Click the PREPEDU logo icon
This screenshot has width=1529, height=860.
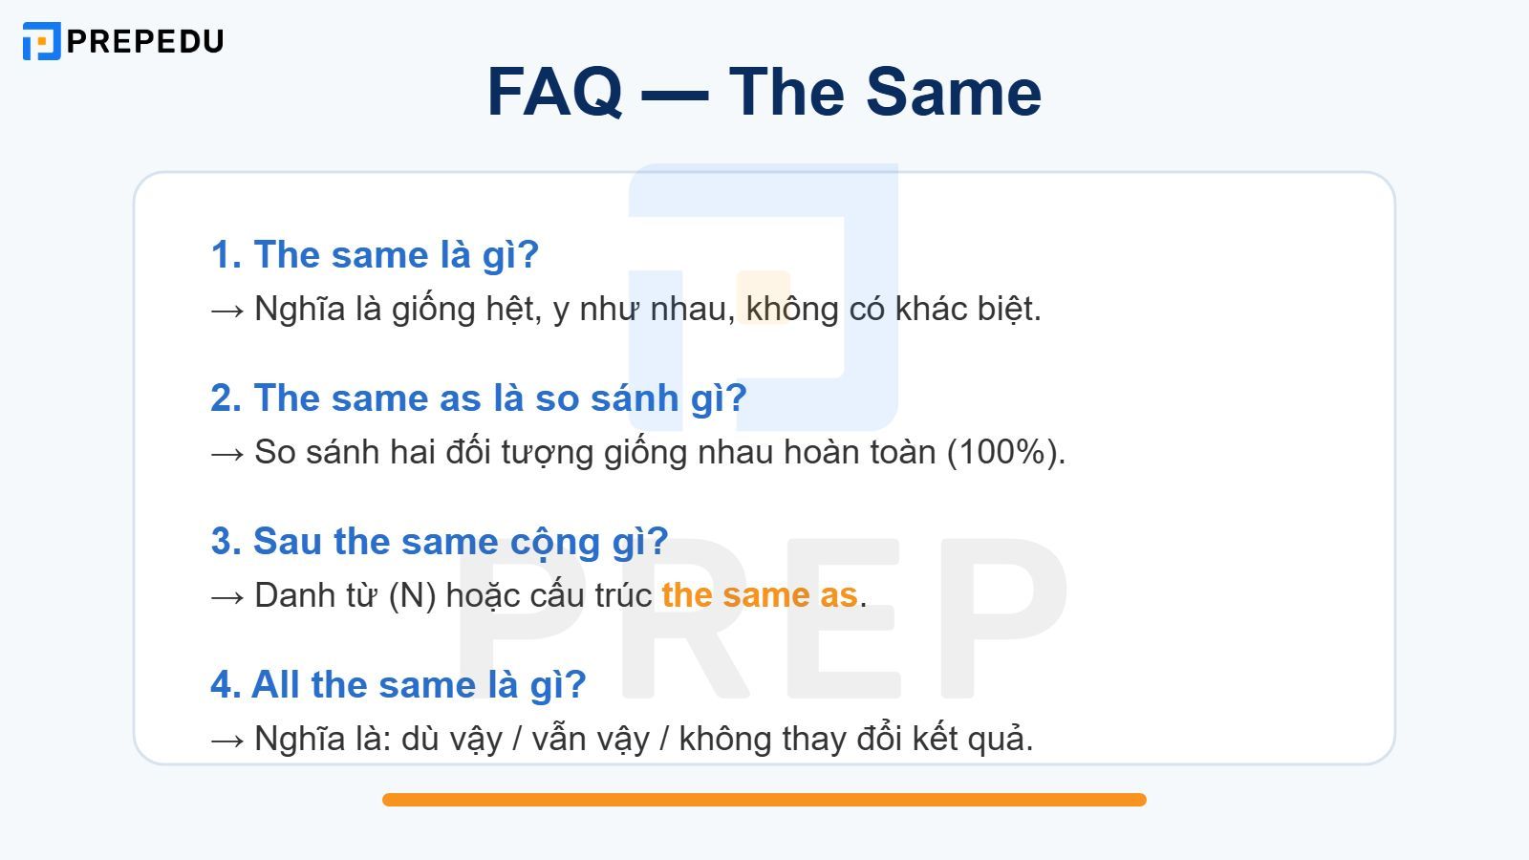[41, 41]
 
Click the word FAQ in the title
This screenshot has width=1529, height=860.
[554, 93]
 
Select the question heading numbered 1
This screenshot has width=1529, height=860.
[375, 255]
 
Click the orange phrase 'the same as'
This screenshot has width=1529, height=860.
[759, 595]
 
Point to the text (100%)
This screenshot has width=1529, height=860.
[1005, 452]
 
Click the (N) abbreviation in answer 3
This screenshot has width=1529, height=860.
[412, 595]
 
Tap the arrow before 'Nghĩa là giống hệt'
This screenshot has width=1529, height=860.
[227, 310]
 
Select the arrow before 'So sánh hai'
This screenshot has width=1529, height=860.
[227, 453]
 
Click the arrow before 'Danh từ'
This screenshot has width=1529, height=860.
[227, 596]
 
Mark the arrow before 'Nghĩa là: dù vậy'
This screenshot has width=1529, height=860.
[227, 740]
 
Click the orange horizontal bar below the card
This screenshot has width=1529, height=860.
[764, 800]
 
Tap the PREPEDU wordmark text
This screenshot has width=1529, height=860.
[145, 41]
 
